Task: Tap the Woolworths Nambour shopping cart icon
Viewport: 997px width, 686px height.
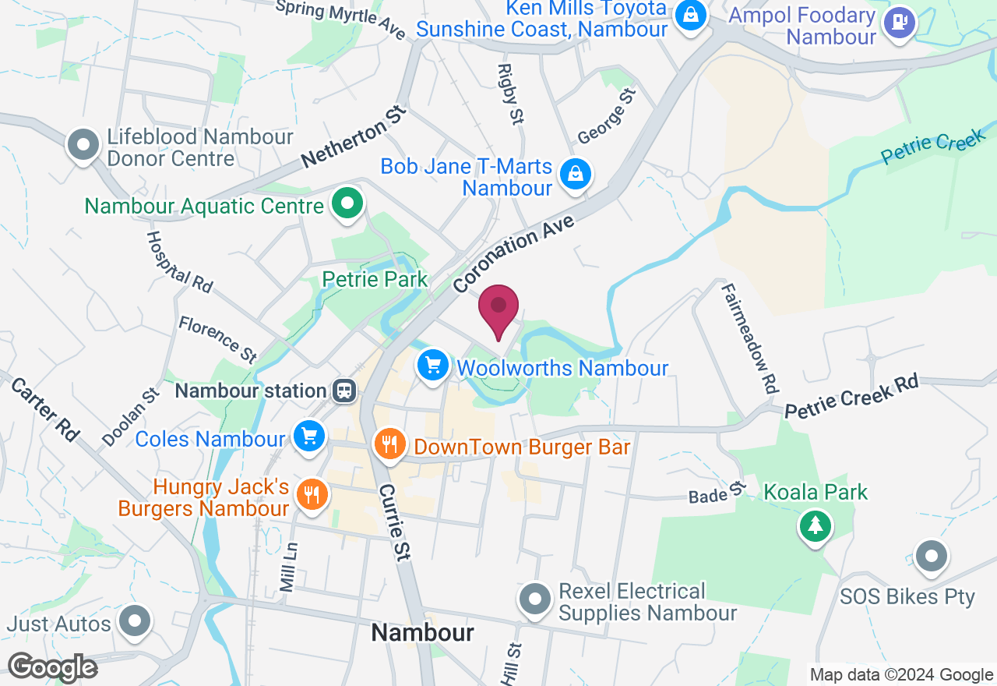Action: coord(433,365)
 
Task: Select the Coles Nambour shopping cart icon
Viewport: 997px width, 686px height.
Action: coord(309,437)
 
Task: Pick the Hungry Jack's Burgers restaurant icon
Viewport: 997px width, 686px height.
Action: coord(312,494)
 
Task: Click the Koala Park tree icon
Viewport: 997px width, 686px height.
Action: coord(816,525)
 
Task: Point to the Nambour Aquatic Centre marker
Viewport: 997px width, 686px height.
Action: coord(347,204)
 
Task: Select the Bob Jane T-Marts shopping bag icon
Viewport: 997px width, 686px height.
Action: coord(576,175)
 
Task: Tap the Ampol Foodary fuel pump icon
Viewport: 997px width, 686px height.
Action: coord(900,23)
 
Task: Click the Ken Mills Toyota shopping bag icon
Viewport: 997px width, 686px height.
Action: coord(690,15)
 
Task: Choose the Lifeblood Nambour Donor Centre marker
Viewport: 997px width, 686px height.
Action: coord(83,144)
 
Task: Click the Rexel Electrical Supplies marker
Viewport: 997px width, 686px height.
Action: coord(534,599)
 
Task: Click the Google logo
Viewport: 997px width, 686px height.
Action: coord(52,667)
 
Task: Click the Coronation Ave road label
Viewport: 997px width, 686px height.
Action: coord(514,254)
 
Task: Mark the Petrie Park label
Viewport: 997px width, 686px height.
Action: coord(375,279)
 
